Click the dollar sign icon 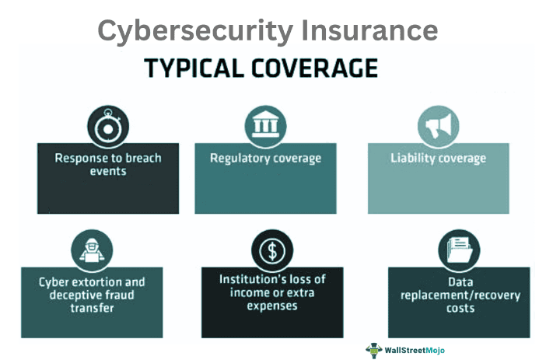pos(272,250)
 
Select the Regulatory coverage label pos(265,158)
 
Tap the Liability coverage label pos(438,158)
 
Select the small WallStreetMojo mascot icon pos(375,349)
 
